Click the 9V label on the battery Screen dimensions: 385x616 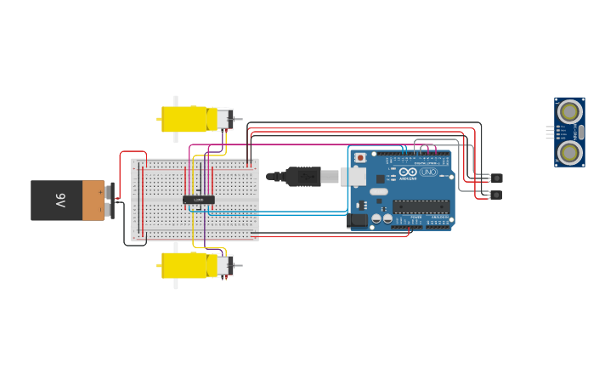(x=60, y=201)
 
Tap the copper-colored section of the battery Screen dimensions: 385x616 (x=93, y=201)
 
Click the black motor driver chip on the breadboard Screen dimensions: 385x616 (x=199, y=200)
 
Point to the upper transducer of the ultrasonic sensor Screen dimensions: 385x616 (x=569, y=110)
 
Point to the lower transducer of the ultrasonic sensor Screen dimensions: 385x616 (x=569, y=152)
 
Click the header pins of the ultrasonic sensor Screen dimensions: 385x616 (x=550, y=132)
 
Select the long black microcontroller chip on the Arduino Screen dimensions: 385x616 (x=421, y=205)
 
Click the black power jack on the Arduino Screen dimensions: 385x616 (x=359, y=220)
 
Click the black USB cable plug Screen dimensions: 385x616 (x=302, y=177)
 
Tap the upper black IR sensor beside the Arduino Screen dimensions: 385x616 (x=497, y=178)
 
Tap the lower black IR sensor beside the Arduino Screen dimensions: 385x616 (x=497, y=195)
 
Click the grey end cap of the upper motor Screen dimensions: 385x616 (x=224, y=119)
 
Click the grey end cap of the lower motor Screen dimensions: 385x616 (x=224, y=266)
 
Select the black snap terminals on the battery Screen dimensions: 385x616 (x=110, y=201)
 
